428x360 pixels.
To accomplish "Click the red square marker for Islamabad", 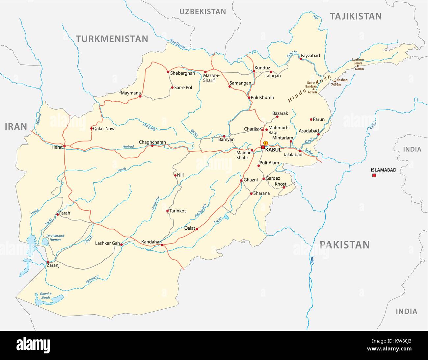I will (x=374, y=176).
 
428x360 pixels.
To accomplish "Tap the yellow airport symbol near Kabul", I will (x=266, y=143).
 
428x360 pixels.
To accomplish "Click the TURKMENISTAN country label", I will (x=112, y=39).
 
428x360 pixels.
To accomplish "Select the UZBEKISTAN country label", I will (x=202, y=12).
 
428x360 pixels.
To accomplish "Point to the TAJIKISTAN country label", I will (x=356, y=16).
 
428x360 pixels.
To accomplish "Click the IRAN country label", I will (x=15, y=126).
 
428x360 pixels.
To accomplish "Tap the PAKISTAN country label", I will (x=345, y=244).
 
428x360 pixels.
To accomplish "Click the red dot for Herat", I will (x=65, y=146).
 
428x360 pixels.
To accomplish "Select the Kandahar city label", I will (x=150, y=242).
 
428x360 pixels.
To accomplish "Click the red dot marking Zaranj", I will (x=48, y=262).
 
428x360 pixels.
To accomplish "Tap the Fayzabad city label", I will (x=310, y=56).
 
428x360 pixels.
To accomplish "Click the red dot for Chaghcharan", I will (x=152, y=145).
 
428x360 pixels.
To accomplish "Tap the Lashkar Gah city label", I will (x=107, y=244).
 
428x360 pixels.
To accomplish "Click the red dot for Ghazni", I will (x=241, y=180).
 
